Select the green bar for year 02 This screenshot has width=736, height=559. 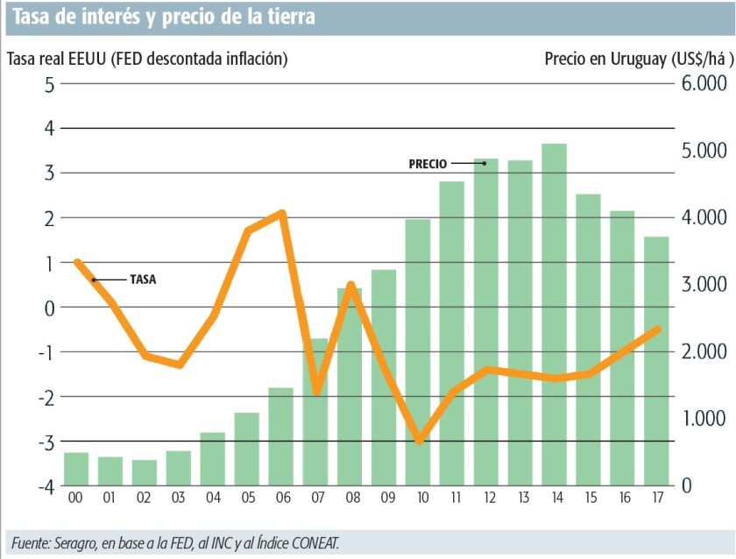(x=145, y=472)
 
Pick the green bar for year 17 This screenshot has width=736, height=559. (x=656, y=360)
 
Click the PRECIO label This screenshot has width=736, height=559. (x=428, y=164)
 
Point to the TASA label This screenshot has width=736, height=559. (x=143, y=280)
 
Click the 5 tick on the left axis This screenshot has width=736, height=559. (x=50, y=84)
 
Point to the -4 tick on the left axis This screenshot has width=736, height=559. (x=45, y=485)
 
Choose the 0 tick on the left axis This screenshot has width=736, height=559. (x=50, y=308)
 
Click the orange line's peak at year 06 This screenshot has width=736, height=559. (x=281, y=212)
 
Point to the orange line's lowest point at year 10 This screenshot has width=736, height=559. (x=420, y=441)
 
